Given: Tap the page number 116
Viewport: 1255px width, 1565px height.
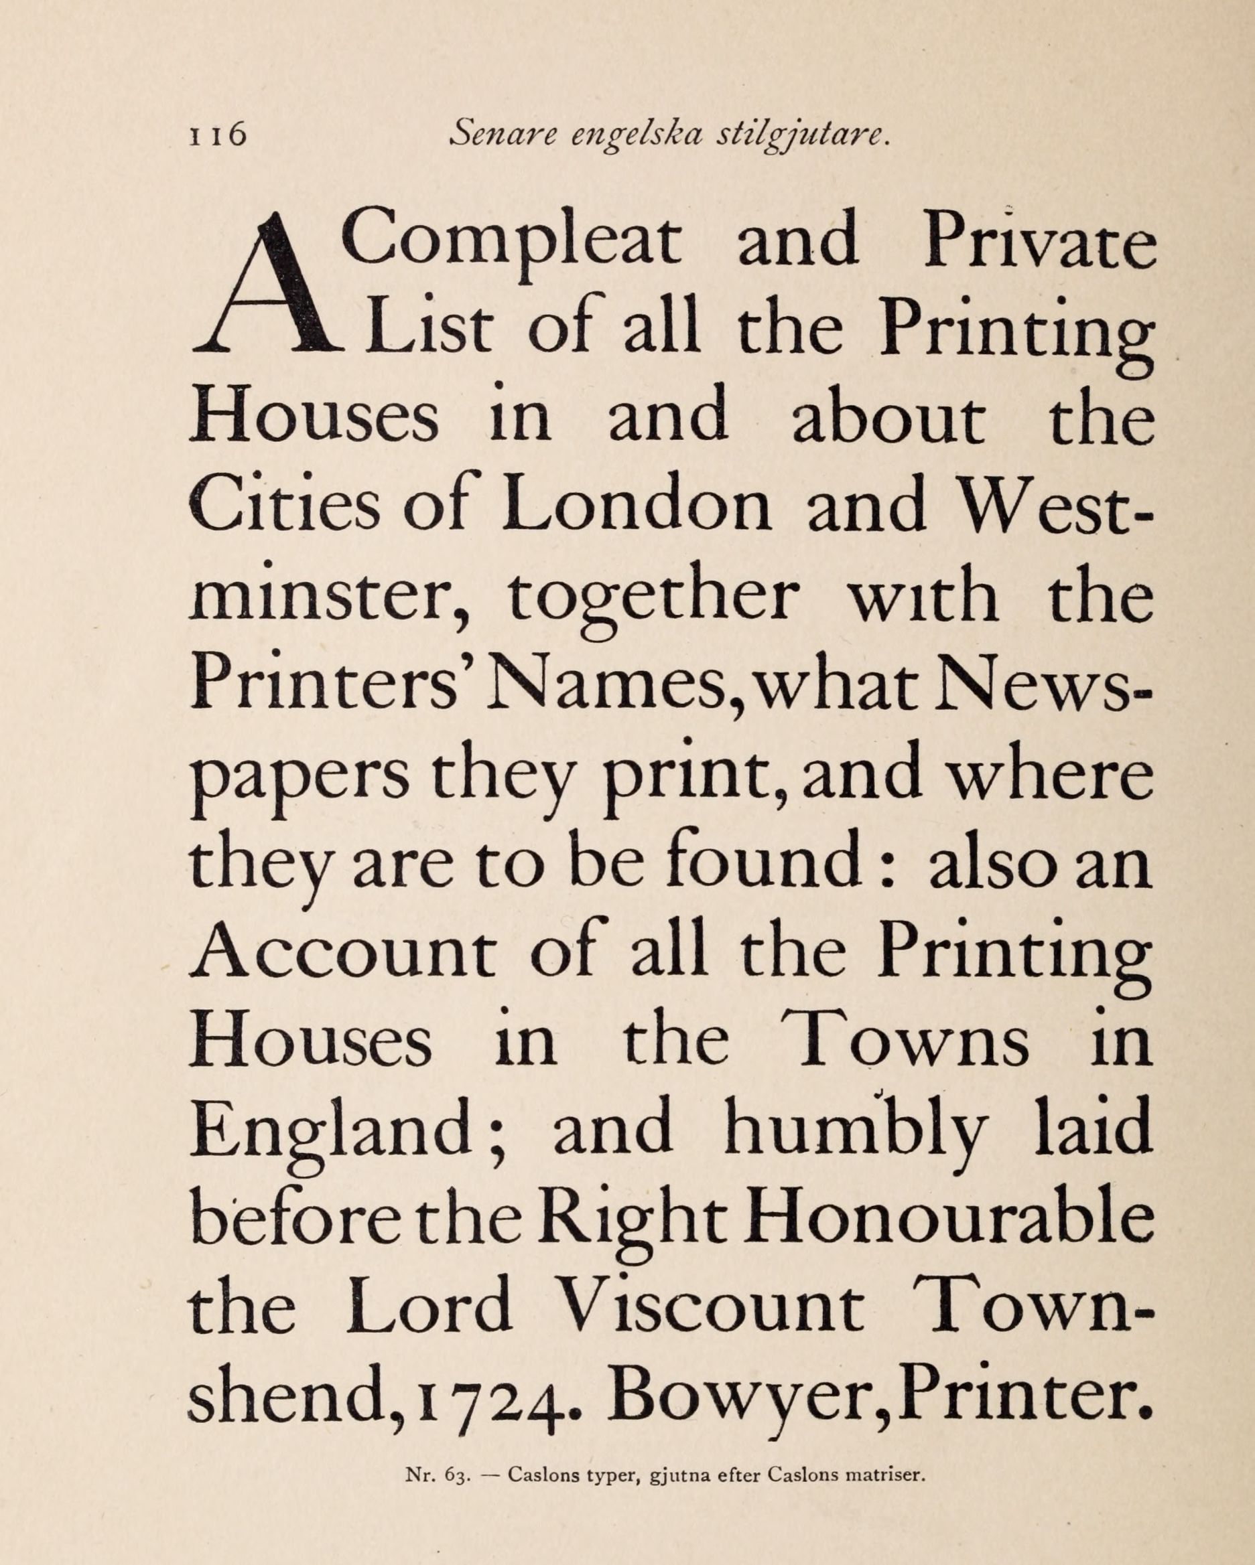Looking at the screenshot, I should [x=218, y=136].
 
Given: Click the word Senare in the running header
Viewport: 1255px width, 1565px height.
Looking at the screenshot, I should [x=502, y=135].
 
